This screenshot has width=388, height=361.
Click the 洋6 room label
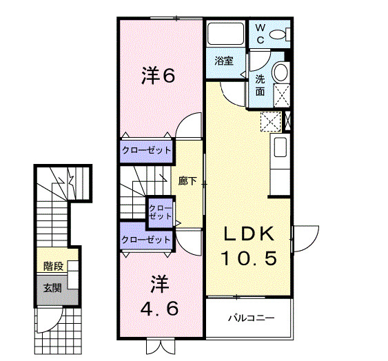click(x=158, y=75)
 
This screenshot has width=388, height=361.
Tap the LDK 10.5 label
click(x=249, y=245)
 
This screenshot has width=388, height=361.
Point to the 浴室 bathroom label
click(x=223, y=60)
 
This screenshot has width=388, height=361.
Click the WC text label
click(x=261, y=32)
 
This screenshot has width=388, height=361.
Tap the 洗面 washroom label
click(x=261, y=84)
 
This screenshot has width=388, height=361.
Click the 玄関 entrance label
click(x=52, y=287)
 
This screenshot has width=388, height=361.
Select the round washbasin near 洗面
click(x=280, y=72)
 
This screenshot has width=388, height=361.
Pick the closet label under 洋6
click(x=145, y=149)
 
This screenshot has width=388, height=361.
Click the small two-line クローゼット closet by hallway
click(x=161, y=210)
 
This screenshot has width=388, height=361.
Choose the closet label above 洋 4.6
click(x=145, y=240)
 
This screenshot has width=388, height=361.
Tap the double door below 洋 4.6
click(x=158, y=346)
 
